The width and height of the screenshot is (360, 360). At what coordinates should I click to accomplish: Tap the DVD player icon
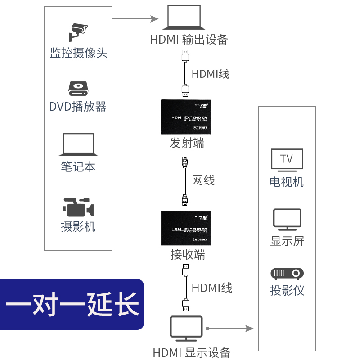click(78, 89)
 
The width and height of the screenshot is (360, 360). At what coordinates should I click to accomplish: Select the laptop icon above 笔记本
click(78, 145)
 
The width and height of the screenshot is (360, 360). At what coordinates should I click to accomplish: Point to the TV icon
click(287, 160)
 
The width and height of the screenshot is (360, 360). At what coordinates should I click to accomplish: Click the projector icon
click(287, 273)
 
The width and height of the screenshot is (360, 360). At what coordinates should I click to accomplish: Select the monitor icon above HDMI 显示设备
click(186, 328)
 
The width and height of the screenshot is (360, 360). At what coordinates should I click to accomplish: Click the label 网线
click(203, 180)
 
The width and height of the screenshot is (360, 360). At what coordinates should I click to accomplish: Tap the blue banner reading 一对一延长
click(72, 305)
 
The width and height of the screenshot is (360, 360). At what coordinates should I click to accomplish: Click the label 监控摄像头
click(78, 53)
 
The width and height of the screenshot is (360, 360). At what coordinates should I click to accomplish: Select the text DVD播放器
click(78, 107)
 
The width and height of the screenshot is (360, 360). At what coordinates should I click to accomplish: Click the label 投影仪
click(287, 290)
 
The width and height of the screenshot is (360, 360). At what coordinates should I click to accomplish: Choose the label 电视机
click(287, 182)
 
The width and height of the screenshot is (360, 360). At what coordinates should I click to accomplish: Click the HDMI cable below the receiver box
click(185, 288)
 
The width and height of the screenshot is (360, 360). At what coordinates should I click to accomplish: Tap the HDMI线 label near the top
click(210, 73)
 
